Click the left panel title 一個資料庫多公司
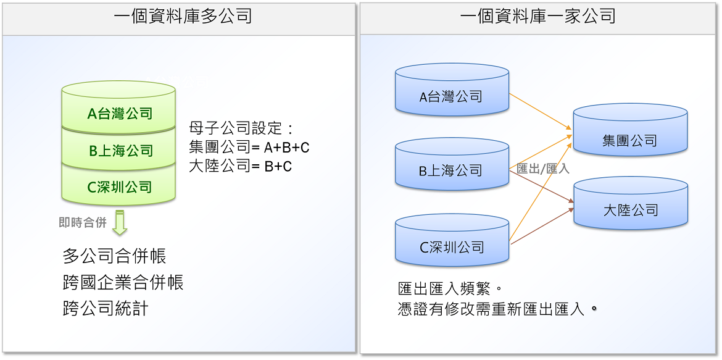(x=183, y=17)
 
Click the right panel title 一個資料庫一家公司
(x=537, y=17)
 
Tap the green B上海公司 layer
(x=119, y=148)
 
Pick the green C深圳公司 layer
(x=119, y=185)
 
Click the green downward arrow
(x=120, y=223)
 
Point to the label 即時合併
(x=83, y=223)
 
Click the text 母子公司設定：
(x=241, y=128)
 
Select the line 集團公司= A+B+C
(x=249, y=147)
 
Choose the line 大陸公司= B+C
(x=241, y=166)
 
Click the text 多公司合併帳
(x=114, y=256)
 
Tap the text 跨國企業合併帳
(x=123, y=282)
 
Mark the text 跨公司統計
(x=106, y=308)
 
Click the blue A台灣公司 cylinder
(x=452, y=90)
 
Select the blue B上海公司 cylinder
(x=452, y=164)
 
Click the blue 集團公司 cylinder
(x=631, y=130)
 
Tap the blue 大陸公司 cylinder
(x=631, y=203)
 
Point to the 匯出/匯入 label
(x=543, y=169)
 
